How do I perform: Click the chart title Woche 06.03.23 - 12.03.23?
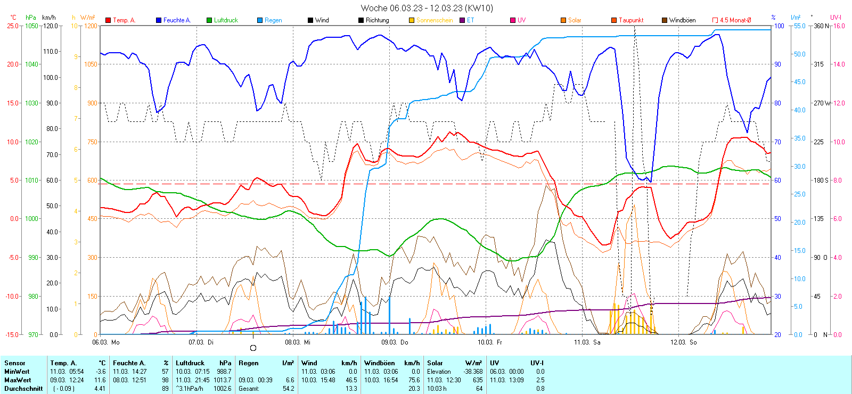click(x=427, y=8)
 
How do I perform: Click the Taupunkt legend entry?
click(x=630, y=20)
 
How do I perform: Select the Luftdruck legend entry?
click(x=225, y=20)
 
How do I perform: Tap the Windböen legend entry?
click(x=682, y=20)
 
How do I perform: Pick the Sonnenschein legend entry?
click(x=434, y=20)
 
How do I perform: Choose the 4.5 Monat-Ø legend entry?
click(x=735, y=20)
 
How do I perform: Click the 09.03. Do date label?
click(x=395, y=342)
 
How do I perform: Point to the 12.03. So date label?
click(x=684, y=342)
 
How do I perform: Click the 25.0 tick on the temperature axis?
click(x=12, y=26)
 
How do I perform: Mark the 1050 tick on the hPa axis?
click(x=31, y=26)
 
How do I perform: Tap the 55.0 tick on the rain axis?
click(x=799, y=26)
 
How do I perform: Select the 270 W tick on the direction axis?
click(x=822, y=103)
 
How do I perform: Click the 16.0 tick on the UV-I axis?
click(x=839, y=26)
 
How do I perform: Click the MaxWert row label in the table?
click(x=18, y=380)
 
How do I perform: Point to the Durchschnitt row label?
click(x=23, y=389)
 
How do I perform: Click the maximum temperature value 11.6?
click(x=100, y=380)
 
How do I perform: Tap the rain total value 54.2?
click(x=288, y=389)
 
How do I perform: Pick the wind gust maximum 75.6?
click(x=414, y=380)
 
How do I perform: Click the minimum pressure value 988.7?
click(x=224, y=372)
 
